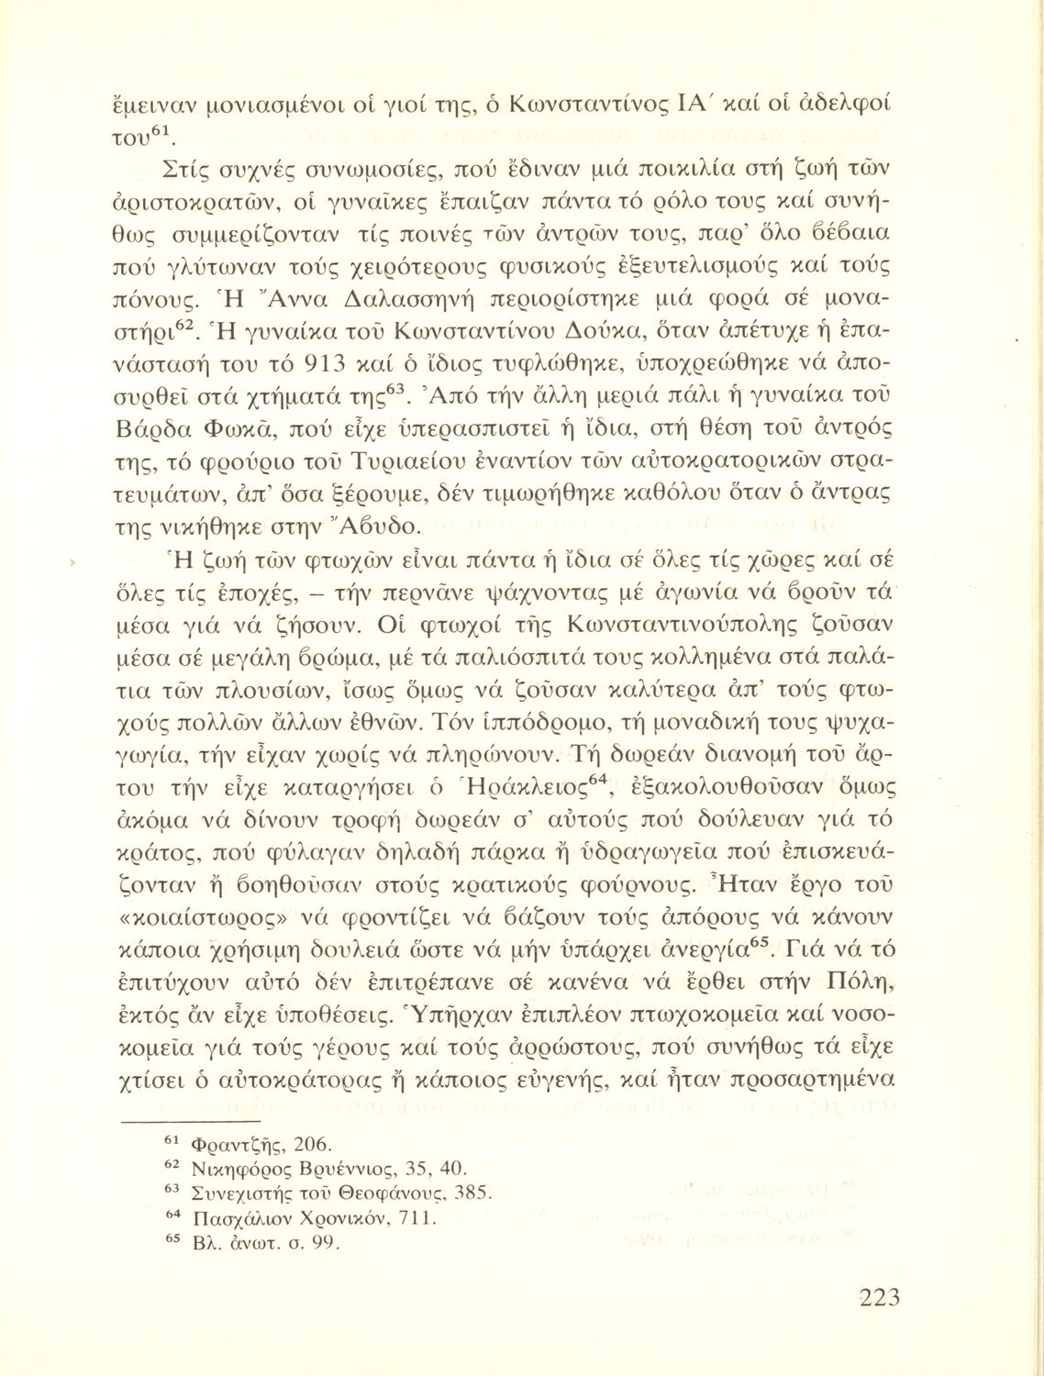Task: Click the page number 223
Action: (x=880, y=1298)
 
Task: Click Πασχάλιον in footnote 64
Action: (x=239, y=1219)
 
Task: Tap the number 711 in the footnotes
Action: (x=416, y=1219)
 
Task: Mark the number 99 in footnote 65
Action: (x=323, y=1245)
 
